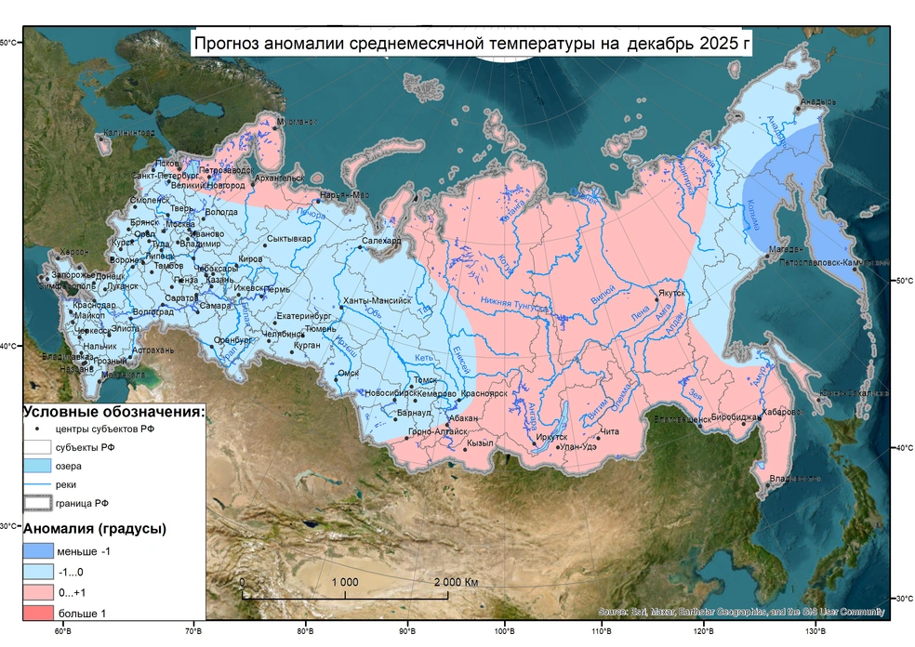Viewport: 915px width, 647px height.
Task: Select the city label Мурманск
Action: [298, 123]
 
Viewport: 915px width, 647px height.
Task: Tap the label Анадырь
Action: [818, 102]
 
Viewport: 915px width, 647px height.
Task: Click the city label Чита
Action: [610, 431]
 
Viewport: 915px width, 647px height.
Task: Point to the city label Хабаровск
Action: [781, 411]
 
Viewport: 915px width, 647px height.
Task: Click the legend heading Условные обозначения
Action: [113, 411]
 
